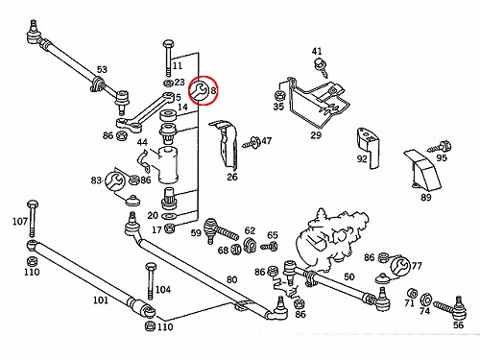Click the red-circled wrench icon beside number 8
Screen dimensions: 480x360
click(x=200, y=90)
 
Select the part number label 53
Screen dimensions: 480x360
click(x=102, y=69)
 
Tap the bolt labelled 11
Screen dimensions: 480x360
click(x=168, y=58)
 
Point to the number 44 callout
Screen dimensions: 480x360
click(x=142, y=142)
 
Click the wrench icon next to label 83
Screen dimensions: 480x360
click(x=114, y=181)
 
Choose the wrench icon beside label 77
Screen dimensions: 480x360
click(x=400, y=266)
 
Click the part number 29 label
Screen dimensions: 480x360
click(x=316, y=135)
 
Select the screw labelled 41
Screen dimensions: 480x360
click(x=322, y=67)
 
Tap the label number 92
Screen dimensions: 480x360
click(x=362, y=158)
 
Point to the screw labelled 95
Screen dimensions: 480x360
click(x=440, y=148)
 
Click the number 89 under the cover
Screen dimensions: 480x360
click(x=426, y=197)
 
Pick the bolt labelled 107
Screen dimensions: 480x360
click(x=33, y=219)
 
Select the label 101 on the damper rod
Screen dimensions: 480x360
click(x=101, y=300)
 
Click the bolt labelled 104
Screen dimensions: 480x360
click(x=150, y=280)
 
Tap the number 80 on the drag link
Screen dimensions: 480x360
click(x=231, y=279)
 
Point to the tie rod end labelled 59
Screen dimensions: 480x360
click(x=221, y=229)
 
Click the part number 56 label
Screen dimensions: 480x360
click(x=458, y=324)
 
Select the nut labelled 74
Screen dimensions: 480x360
click(x=425, y=300)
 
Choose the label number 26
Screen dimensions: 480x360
click(x=232, y=177)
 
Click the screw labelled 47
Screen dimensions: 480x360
click(x=252, y=142)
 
